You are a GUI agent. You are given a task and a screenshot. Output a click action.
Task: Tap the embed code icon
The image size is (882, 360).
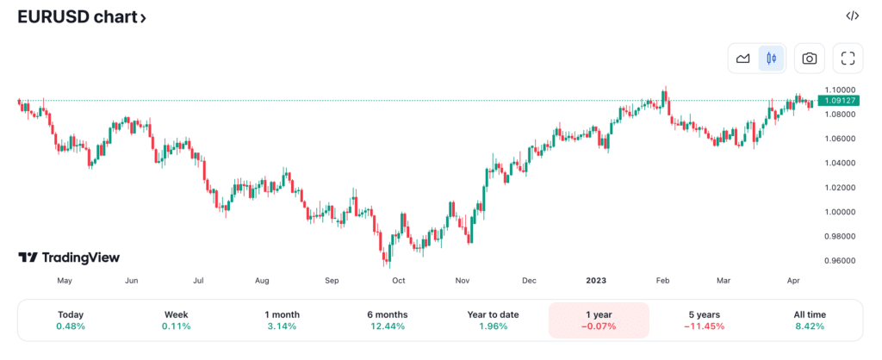[852, 16]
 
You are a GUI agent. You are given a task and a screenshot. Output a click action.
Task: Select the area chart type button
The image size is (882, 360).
[742, 59]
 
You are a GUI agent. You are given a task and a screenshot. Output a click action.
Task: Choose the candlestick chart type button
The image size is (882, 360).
[771, 59]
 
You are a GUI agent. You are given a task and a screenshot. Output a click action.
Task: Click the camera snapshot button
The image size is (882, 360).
[809, 59]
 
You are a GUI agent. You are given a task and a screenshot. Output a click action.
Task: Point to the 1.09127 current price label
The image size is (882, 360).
[840, 101]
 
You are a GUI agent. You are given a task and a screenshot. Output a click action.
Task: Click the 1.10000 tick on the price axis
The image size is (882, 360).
[839, 90]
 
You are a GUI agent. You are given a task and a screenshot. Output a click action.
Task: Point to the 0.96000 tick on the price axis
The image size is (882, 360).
[839, 260]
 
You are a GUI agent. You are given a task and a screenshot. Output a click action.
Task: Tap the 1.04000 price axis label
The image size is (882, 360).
[839, 163]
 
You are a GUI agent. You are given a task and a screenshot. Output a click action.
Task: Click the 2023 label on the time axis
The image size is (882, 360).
[596, 280]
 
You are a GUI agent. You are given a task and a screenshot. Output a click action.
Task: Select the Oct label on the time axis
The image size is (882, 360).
[399, 280]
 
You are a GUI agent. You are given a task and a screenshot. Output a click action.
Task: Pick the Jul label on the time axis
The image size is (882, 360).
[198, 280]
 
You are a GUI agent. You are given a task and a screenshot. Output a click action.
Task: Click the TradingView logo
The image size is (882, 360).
[69, 258]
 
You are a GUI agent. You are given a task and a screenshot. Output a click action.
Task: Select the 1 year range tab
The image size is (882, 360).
[598, 320]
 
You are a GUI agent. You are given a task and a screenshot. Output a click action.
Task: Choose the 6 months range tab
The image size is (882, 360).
[387, 320]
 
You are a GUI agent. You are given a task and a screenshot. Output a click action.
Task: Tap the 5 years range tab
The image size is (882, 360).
[704, 320]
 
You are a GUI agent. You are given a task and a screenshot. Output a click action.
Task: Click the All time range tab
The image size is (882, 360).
[809, 320]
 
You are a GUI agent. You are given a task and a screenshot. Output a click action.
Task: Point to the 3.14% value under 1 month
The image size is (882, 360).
[282, 326]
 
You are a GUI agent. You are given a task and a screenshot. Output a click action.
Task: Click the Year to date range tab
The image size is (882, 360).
[493, 320]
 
